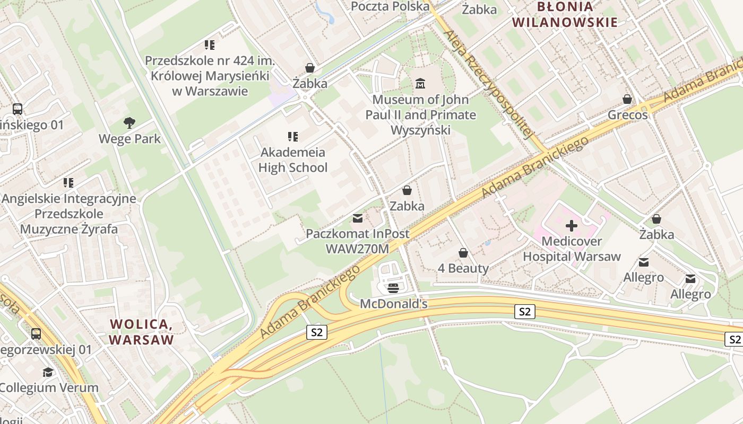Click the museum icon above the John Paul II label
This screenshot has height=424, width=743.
[x=420, y=83]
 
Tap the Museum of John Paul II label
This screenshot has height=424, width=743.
[x=420, y=114]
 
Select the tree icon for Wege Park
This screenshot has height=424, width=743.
[x=129, y=123]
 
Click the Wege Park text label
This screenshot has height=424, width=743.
[x=129, y=139]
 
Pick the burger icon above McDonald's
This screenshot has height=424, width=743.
[x=393, y=288]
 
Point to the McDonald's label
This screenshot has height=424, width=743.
[x=393, y=304]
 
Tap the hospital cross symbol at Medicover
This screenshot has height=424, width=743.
[x=571, y=226]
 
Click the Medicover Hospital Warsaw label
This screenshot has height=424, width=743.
[x=572, y=249]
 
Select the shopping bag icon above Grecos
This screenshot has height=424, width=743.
[x=627, y=99]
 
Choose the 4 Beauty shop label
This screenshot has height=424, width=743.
[x=463, y=268]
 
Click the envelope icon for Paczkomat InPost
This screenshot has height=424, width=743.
[x=358, y=218]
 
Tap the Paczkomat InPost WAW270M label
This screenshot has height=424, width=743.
[x=358, y=241]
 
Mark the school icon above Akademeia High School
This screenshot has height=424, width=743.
[x=292, y=137]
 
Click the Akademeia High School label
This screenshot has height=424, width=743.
[x=293, y=160]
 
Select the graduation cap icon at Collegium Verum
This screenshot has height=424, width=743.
[x=48, y=372]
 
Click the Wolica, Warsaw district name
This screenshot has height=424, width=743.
[x=141, y=332]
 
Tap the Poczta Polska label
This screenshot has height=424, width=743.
[x=390, y=6]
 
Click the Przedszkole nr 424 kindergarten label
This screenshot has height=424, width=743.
[x=210, y=76]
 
